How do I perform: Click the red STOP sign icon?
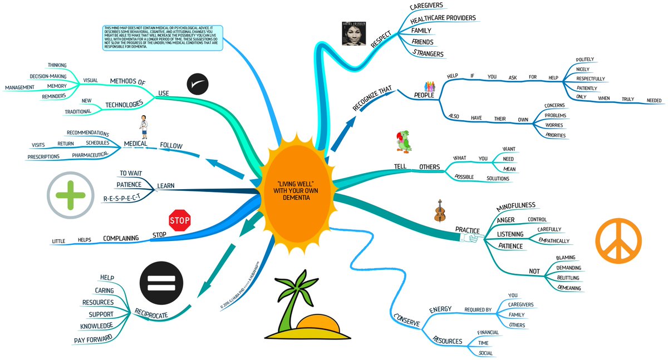coord(180,220)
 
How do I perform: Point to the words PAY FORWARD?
coord(93,338)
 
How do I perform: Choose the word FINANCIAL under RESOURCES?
coord(488,333)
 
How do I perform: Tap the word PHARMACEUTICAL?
coord(91,155)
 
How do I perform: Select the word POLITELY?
coord(585,59)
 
